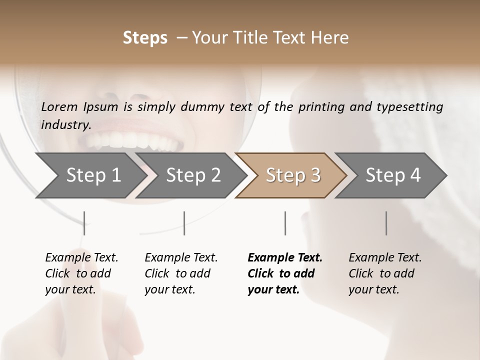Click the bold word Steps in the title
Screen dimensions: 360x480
coord(145,38)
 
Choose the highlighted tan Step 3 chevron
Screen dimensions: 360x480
coord(292,175)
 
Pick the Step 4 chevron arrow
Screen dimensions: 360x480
coord(392,175)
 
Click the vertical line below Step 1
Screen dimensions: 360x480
coord(84,223)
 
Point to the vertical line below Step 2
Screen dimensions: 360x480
coord(184,223)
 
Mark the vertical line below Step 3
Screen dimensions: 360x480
coord(285,223)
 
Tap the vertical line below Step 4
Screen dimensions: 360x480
coord(386,223)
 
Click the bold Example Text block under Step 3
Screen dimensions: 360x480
coord(285,273)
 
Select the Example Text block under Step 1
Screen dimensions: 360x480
coord(81,273)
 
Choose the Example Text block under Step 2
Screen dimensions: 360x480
coord(181,273)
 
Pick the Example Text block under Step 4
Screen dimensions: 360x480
coord(385,273)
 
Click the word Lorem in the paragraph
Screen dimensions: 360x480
coord(59,106)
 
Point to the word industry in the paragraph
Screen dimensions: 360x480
coord(65,125)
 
